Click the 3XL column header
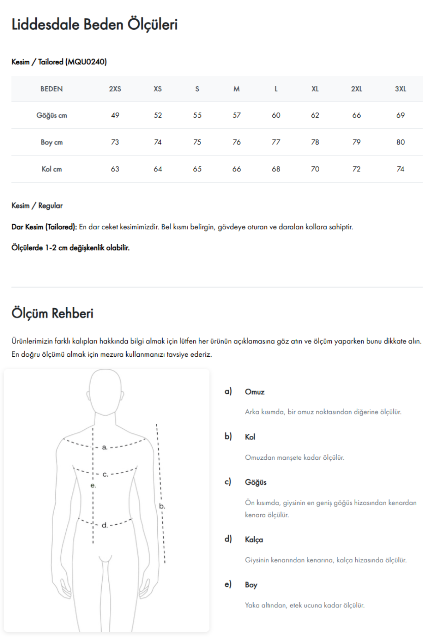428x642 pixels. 400,89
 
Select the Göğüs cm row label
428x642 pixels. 52,115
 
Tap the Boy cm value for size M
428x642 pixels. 236,142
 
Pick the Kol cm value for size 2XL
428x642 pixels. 356,169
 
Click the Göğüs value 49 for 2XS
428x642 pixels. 115,115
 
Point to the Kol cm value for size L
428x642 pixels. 276,169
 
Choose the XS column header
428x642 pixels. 158,89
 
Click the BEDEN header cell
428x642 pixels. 52,89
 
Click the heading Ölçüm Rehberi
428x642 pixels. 52,313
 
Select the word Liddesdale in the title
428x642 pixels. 45,24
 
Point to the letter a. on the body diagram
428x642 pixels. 105,447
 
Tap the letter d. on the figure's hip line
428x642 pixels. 105,525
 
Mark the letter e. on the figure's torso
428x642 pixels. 93,485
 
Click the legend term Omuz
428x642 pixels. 255,392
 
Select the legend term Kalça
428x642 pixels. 254,539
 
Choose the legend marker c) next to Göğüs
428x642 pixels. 228,481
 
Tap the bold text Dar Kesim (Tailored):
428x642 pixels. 44,227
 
